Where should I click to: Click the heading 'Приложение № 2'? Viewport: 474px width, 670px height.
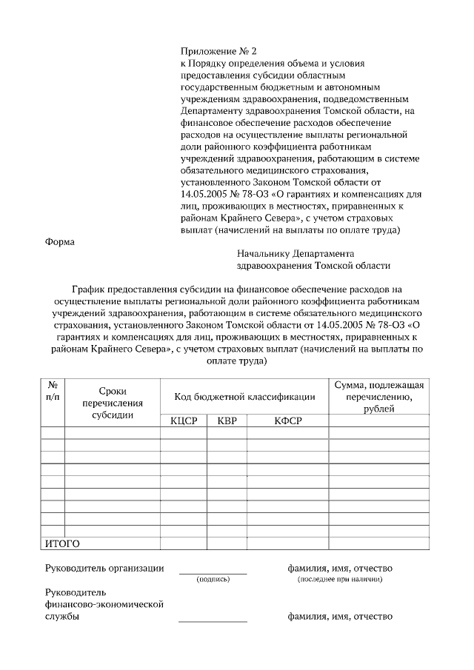(x=218, y=51)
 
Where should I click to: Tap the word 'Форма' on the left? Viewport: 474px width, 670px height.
(x=61, y=241)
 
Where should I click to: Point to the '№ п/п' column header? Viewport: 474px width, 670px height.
(x=53, y=391)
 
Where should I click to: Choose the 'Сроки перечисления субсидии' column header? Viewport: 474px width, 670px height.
(x=113, y=403)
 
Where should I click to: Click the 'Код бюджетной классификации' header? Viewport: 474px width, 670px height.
(x=244, y=397)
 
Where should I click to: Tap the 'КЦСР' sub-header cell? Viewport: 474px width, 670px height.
(x=183, y=421)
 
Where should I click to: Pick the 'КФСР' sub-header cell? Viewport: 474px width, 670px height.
(x=287, y=421)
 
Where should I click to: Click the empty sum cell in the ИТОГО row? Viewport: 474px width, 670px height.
(x=378, y=543)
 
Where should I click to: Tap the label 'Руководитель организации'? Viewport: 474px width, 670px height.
(x=104, y=568)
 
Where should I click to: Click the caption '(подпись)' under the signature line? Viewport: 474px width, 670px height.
(x=213, y=579)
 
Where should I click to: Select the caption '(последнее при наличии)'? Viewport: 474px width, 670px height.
(x=340, y=579)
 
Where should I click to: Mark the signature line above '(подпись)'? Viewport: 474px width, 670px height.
(x=213, y=573)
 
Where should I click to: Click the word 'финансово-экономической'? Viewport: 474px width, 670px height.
(x=104, y=605)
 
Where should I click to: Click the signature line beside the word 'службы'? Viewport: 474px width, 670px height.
(x=213, y=621)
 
